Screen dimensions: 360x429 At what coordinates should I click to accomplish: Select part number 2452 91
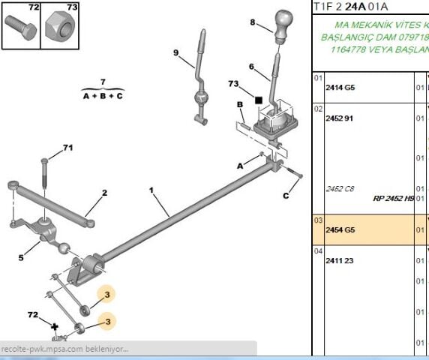[339, 118]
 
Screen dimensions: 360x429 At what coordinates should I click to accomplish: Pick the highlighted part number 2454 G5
[340, 229]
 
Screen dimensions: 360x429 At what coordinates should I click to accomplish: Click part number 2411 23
[339, 260]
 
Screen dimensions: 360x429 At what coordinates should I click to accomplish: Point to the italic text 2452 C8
[340, 188]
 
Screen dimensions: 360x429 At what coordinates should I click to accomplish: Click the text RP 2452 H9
[393, 199]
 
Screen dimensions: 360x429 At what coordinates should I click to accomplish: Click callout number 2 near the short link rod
[104, 193]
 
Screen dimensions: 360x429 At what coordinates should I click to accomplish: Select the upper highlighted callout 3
[107, 295]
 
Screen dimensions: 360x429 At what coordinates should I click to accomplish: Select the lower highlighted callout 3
[107, 322]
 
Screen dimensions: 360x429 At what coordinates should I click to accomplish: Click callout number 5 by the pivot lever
[21, 258]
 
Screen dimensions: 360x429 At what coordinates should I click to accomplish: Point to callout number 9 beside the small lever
[175, 52]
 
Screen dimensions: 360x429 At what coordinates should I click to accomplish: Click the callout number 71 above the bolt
[68, 147]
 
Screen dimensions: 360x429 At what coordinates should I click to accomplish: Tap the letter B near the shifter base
[239, 104]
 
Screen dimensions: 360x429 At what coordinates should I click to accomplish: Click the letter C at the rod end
[286, 196]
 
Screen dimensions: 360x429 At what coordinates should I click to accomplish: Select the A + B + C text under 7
[103, 96]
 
